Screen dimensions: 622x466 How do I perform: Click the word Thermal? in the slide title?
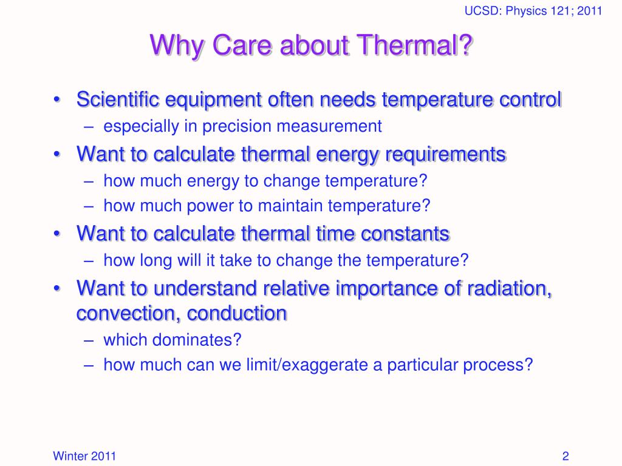(x=414, y=45)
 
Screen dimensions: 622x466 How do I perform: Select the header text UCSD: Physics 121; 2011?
(x=533, y=11)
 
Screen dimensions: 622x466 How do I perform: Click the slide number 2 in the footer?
(x=566, y=456)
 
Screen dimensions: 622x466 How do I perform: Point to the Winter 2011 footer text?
(x=84, y=456)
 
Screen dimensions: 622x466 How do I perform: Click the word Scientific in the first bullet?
(x=118, y=99)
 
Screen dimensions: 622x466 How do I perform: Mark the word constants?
(x=405, y=234)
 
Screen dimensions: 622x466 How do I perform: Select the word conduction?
(x=237, y=314)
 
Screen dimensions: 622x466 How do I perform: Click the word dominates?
(x=197, y=340)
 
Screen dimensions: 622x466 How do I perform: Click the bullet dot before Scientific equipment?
(x=57, y=99)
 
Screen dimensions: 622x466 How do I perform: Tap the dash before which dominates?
(x=89, y=340)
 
